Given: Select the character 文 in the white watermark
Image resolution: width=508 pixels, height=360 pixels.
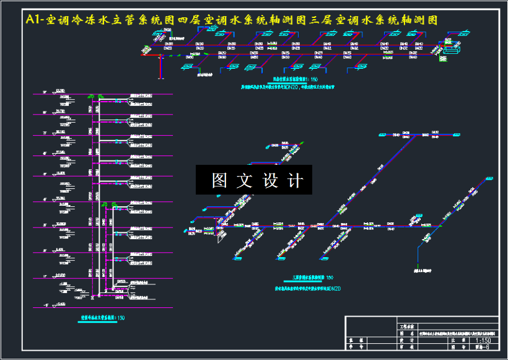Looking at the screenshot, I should point(245,180).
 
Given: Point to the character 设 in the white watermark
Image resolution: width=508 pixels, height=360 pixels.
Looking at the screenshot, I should point(271,180).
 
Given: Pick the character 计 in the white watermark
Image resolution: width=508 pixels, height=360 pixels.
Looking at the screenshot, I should point(296,180).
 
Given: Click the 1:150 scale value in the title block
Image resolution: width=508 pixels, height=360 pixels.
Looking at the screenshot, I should point(483,340).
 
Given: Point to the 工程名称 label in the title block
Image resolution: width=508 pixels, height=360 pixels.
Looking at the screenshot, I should point(405,325).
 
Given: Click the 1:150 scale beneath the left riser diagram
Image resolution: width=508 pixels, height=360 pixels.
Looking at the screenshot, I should point(119,318).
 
